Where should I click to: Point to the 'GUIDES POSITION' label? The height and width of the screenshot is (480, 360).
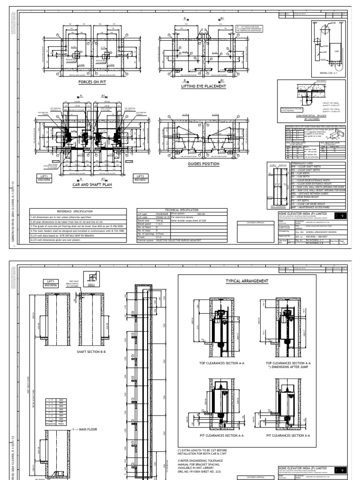tap(200, 164)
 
